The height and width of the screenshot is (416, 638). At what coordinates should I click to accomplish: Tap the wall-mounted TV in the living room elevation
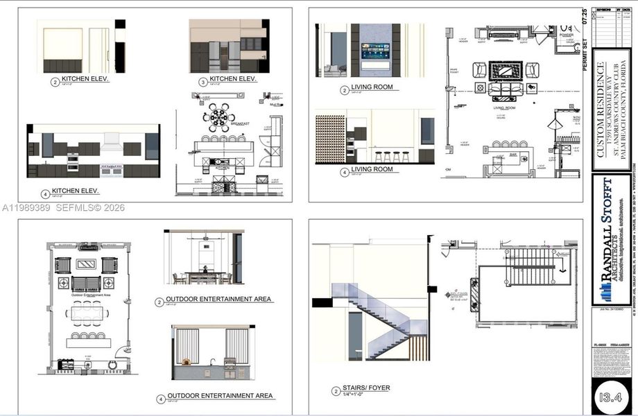pyautogui.click(x=375, y=52)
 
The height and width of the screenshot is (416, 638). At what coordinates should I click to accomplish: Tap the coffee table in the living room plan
pyautogui.click(x=505, y=71)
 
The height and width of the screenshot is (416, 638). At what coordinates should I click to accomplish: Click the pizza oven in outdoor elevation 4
pyautogui.click(x=185, y=362)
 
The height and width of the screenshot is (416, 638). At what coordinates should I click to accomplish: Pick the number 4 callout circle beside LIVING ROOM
pyautogui.click(x=343, y=172)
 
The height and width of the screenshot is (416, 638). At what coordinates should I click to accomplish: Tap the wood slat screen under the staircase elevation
pyautogui.click(x=420, y=347)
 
